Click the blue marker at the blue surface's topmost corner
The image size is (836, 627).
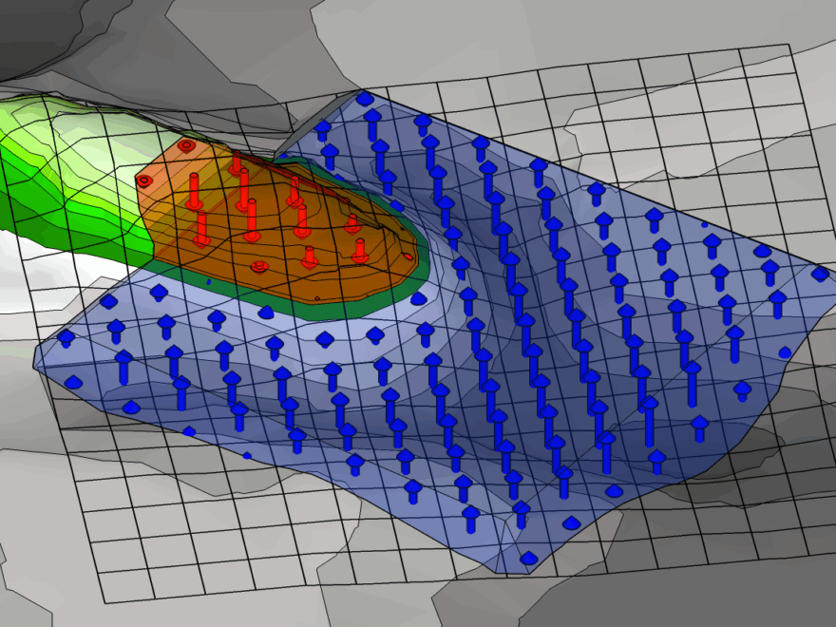[x=365, y=98]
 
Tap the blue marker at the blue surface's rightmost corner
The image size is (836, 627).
[x=819, y=274]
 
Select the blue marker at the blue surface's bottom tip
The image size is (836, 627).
[x=529, y=558]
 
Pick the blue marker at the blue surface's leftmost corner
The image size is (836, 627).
[x=66, y=336]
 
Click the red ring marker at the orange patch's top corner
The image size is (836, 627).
[x=186, y=146]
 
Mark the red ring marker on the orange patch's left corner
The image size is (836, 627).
[x=143, y=180]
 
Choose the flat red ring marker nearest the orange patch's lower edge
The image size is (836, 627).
[x=259, y=267]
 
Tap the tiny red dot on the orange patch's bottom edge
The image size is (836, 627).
[x=317, y=297]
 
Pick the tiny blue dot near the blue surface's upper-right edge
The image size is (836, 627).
[x=704, y=224]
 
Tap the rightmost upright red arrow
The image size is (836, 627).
[x=360, y=250]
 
